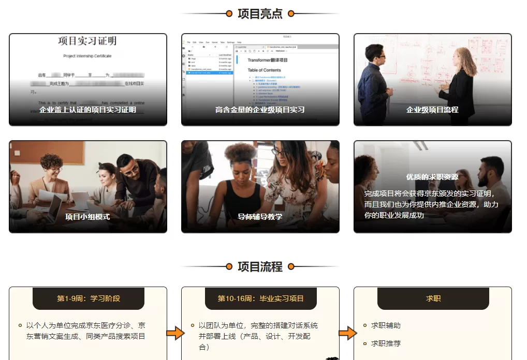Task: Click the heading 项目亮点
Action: pos(260,14)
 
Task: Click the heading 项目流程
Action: pos(260,267)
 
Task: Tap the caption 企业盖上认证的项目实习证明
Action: pos(87,110)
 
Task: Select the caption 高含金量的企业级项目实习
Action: pos(260,110)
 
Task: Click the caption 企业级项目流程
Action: pos(432,110)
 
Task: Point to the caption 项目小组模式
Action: pos(87,217)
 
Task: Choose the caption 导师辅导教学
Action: pos(260,217)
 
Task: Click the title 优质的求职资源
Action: pos(432,177)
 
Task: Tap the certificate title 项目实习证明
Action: pos(87,41)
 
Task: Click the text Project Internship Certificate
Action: pos(87,56)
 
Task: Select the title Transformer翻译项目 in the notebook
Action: pos(267,60)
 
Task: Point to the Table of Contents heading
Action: pos(264,70)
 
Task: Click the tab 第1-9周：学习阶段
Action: pos(89,298)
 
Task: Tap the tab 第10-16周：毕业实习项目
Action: pos(260,298)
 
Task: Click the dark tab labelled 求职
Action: pos(433,298)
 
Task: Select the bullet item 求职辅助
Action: pos(386,325)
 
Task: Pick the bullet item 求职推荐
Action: pos(386,343)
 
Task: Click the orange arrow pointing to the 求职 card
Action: pos(346,333)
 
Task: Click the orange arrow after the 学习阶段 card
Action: pos(174,333)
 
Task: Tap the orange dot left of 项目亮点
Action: pos(229,14)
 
